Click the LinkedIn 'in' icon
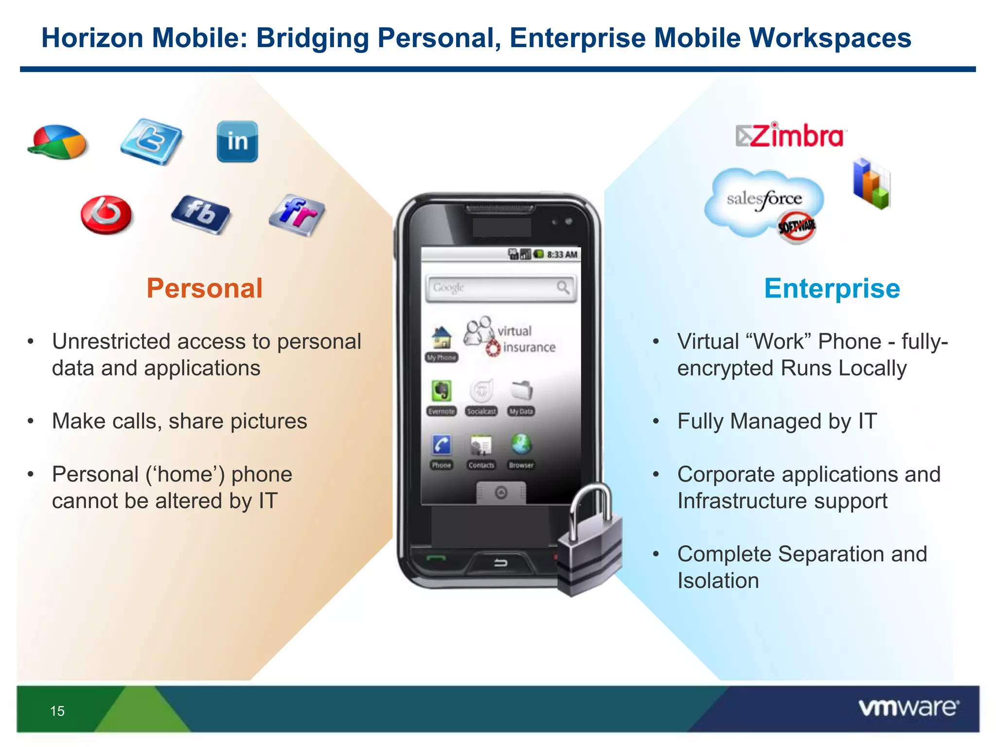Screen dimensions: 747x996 (x=237, y=142)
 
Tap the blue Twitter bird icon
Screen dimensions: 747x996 (x=151, y=141)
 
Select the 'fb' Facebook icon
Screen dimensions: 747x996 (x=200, y=214)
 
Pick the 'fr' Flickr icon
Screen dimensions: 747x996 (x=297, y=215)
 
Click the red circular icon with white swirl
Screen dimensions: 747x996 (x=106, y=214)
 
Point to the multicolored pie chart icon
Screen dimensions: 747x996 (x=57, y=142)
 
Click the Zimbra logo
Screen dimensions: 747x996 (x=791, y=136)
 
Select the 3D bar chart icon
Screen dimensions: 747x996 (x=871, y=184)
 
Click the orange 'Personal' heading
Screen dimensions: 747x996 (x=204, y=288)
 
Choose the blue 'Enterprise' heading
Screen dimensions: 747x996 (x=832, y=288)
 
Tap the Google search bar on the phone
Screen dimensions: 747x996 (x=500, y=288)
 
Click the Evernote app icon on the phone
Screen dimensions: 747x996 (x=442, y=391)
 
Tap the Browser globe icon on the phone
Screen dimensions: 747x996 (x=521, y=445)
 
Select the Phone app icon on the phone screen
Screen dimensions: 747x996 (x=442, y=445)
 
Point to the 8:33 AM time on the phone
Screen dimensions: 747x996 (x=562, y=254)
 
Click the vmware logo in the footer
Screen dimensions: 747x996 (x=908, y=708)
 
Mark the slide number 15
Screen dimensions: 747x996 (x=57, y=711)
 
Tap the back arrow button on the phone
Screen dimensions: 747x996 (x=500, y=563)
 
